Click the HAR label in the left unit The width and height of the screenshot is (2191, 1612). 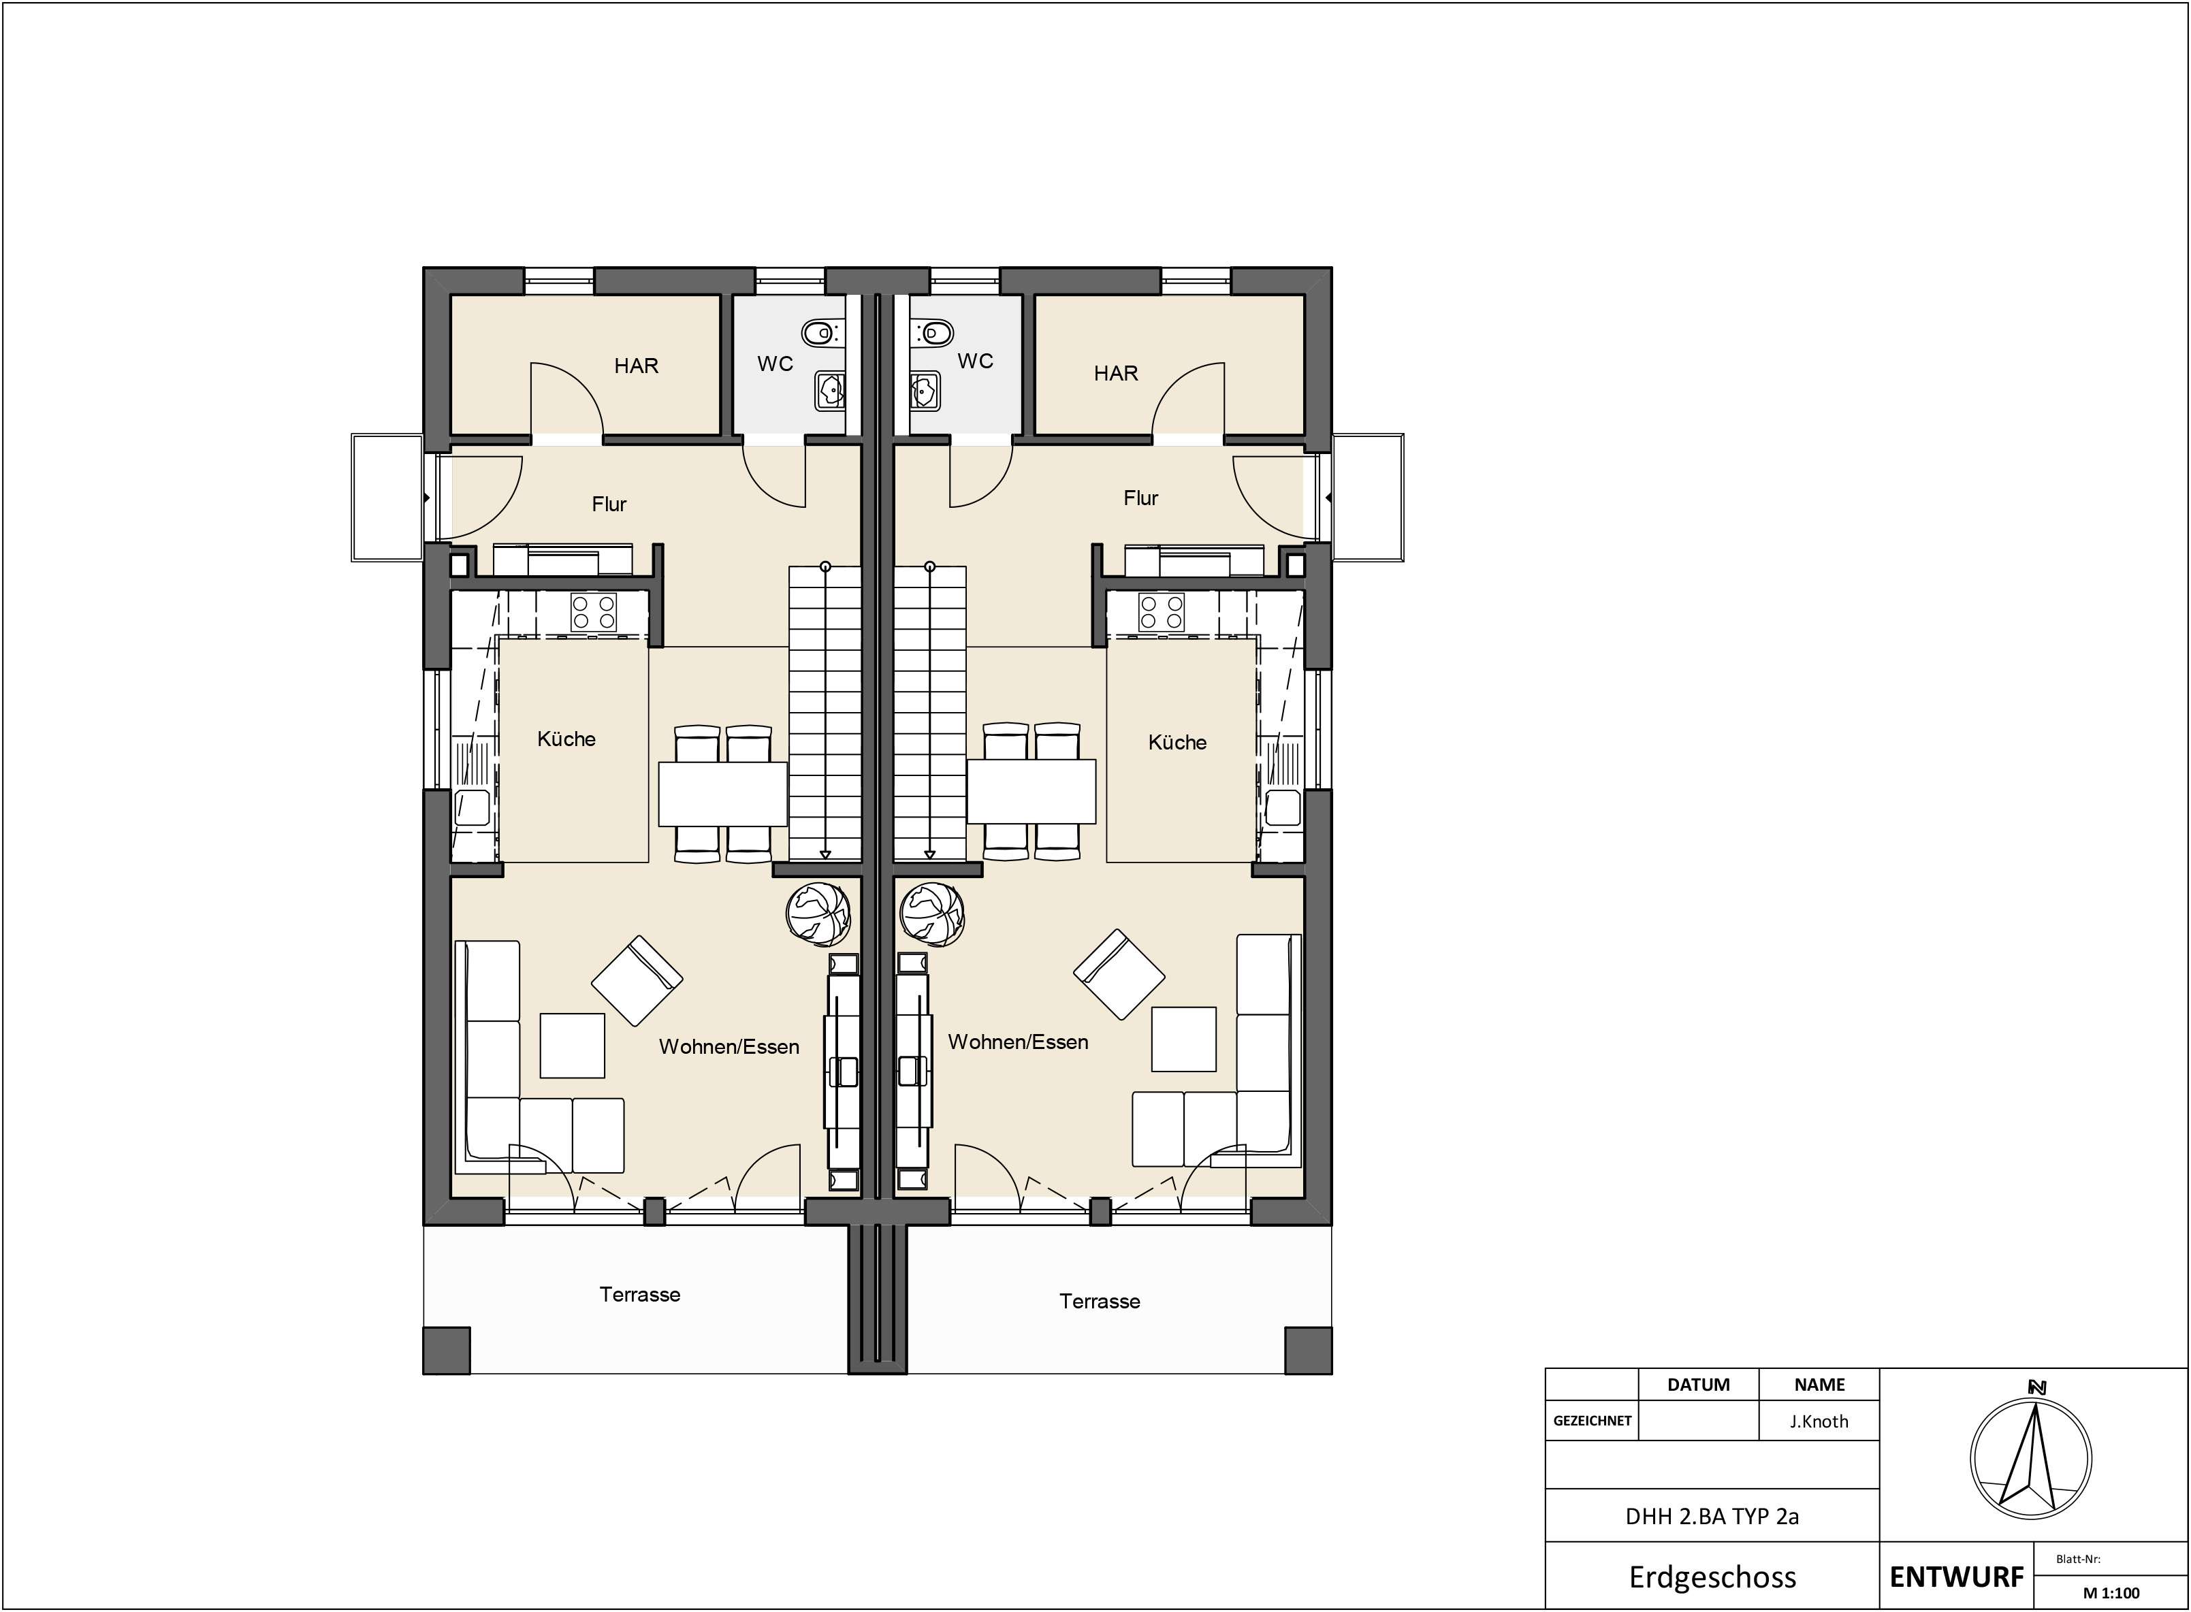(x=637, y=366)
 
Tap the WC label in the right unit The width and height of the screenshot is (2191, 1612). (x=975, y=361)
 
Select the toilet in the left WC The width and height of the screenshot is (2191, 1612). (x=822, y=334)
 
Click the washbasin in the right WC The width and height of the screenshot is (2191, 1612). (x=924, y=390)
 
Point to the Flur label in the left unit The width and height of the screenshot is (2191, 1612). (x=609, y=504)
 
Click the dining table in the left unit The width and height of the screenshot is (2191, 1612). (x=723, y=793)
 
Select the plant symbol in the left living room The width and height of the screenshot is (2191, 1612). (x=818, y=914)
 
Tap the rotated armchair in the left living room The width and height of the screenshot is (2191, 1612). (x=637, y=981)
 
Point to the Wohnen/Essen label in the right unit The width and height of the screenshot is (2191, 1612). (x=1018, y=1042)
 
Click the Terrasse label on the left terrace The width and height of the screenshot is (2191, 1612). (x=639, y=1295)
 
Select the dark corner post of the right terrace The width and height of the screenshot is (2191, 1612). (x=1308, y=1351)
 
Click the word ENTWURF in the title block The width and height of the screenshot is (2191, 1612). (x=1957, y=1577)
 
